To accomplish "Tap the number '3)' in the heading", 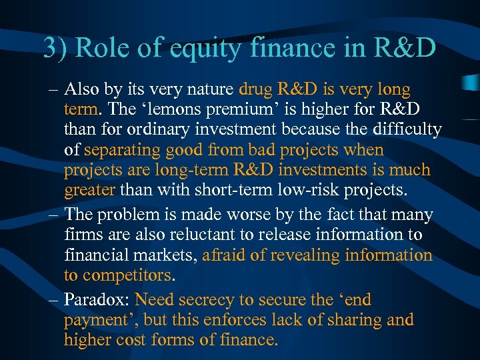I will [55, 48].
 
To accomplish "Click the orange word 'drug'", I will [255, 89].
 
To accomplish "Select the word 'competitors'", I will [128, 275].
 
